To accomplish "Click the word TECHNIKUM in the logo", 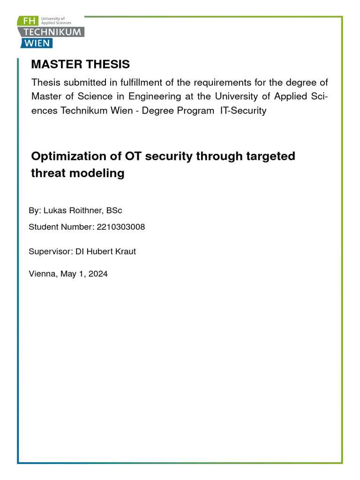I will [x=51, y=32].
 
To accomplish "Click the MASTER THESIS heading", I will [x=80, y=64].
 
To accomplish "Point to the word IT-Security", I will [x=243, y=111].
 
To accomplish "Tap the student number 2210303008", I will [x=120, y=227].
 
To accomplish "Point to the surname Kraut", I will [x=124, y=251].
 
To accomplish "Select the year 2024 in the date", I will [x=97, y=274].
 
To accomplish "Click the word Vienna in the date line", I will [x=42, y=274].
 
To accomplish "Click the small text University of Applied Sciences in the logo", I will [x=56, y=20].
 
